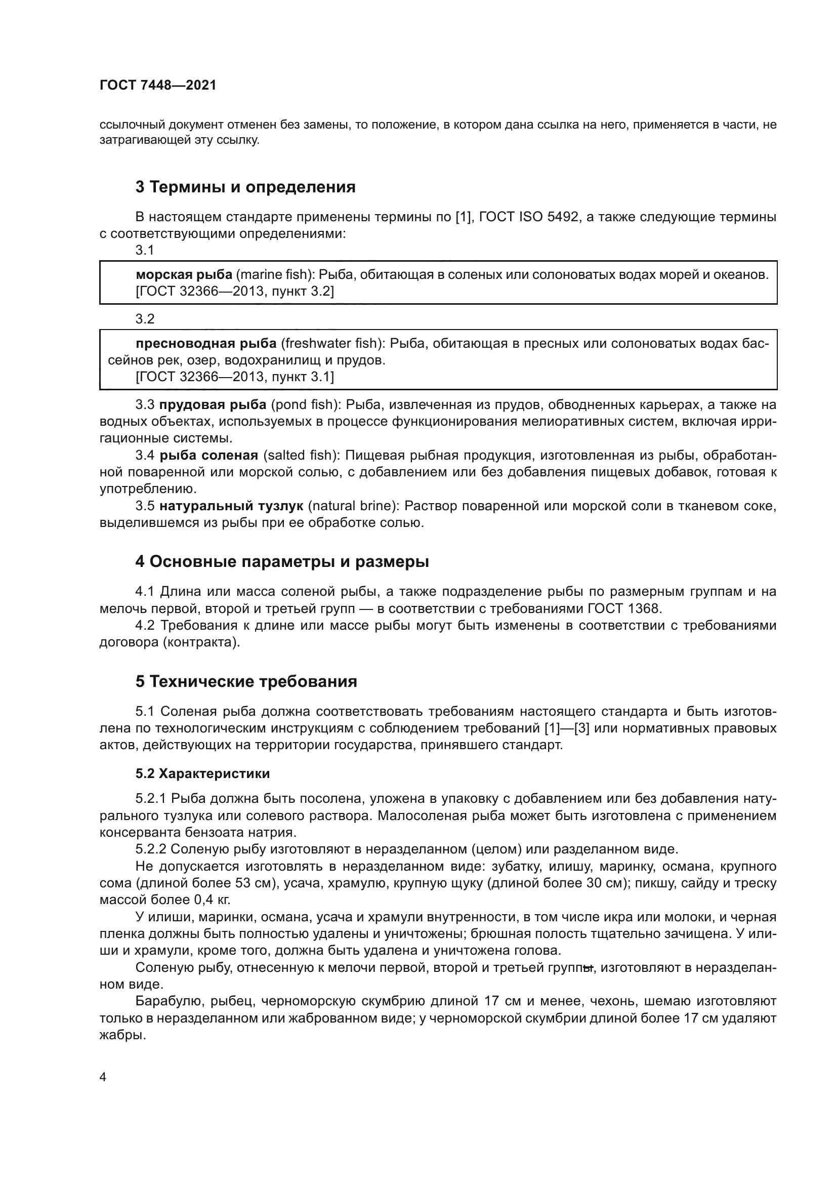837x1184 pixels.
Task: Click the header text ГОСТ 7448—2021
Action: click(x=158, y=86)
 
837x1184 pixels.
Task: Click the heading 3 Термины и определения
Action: click(x=245, y=187)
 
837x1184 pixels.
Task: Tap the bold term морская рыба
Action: click(x=184, y=275)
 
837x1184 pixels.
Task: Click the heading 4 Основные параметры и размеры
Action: click(x=282, y=561)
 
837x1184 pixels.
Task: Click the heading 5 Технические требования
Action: click(x=246, y=682)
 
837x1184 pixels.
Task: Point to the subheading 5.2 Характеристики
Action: click(x=202, y=773)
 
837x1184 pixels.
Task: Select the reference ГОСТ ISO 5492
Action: click(x=528, y=217)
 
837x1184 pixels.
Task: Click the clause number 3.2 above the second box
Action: click(x=145, y=319)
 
